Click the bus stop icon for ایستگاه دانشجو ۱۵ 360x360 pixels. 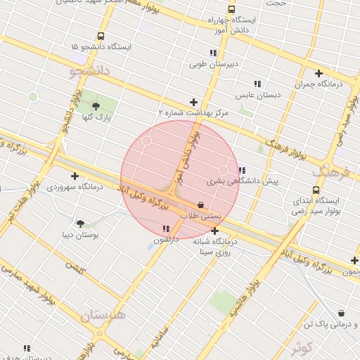point(101,37)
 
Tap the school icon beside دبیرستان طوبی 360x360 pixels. point(212,53)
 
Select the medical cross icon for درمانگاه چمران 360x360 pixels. point(319,73)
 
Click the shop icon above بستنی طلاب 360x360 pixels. point(201,205)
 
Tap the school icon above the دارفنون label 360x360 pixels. point(166,229)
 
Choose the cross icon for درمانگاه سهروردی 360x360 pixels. point(75,176)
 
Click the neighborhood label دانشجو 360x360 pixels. point(89,71)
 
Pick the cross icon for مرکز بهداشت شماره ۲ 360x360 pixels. point(193,102)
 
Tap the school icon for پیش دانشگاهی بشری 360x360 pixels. point(242,170)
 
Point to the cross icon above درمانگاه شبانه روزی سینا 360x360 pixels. point(214,231)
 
